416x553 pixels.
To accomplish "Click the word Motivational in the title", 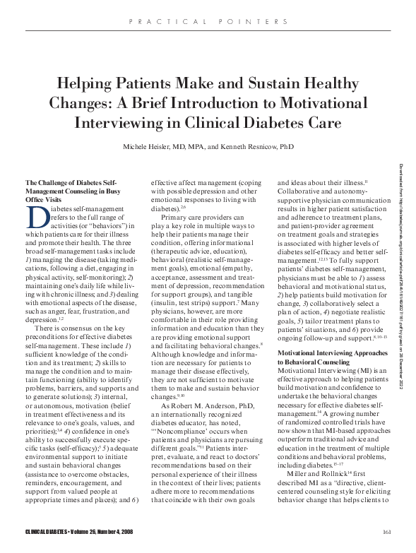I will (322, 101).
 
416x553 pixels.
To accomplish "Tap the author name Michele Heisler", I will (151, 145).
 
